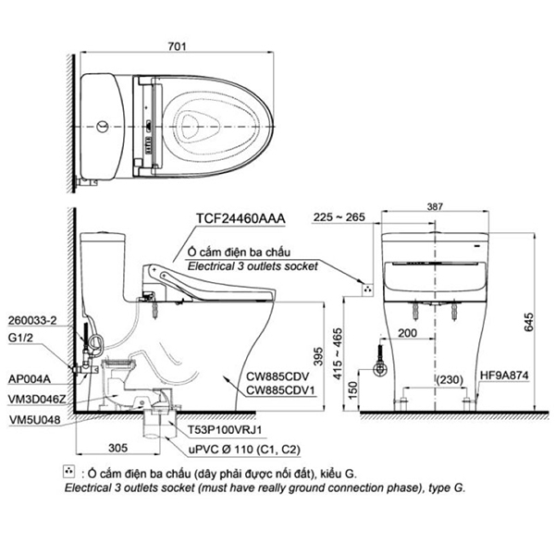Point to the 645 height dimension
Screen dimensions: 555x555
coord(528,321)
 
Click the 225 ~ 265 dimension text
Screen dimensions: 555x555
coord(339,218)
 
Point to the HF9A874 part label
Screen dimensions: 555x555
coord(508,376)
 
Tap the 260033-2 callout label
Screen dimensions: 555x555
coord(31,320)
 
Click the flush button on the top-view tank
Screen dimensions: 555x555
coord(100,122)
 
